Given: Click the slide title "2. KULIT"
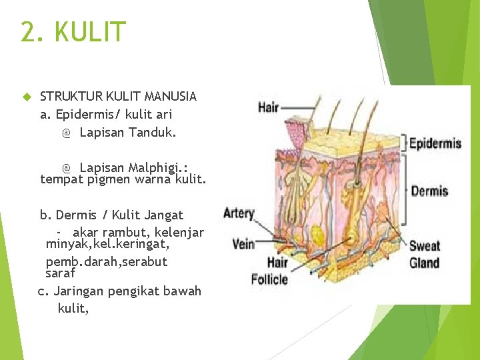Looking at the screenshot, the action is point(73,32).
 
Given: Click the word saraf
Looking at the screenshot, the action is point(60,273).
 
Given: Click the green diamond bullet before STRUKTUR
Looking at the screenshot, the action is point(27,97).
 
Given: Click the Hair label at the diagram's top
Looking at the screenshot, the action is point(268,107).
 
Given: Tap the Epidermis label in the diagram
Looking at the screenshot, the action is point(435,143).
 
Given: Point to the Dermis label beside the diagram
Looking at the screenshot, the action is point(429,191).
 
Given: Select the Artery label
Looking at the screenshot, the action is point(239,213).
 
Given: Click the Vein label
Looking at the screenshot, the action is point(243,243).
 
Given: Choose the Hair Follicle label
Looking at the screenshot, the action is point(269,271).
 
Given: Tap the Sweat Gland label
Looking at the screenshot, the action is point(425,254).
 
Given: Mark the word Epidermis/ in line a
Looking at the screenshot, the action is point(86,114).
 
